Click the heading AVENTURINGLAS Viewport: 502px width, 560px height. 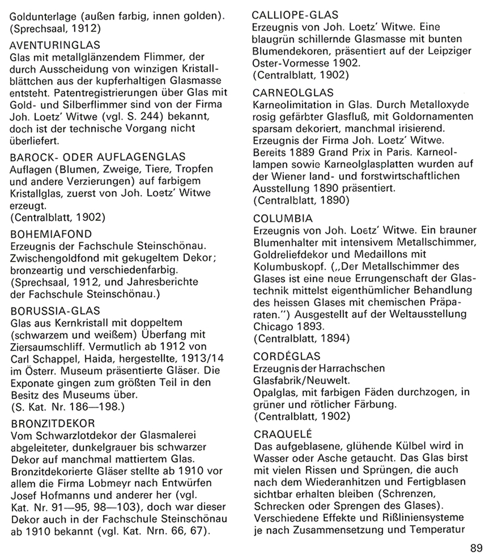54,45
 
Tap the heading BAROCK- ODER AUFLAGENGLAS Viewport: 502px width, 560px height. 97,157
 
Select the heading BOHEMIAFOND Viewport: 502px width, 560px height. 51,234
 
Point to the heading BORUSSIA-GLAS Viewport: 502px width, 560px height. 55,311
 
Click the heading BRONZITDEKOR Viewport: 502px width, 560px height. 52,424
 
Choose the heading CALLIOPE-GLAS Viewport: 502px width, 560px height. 295,15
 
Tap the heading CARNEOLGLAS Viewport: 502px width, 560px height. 293,93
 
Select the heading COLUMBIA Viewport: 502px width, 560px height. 283,218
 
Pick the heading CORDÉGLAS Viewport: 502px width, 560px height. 287,356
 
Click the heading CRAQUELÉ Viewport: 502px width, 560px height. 283,434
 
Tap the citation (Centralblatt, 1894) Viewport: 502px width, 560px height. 301,339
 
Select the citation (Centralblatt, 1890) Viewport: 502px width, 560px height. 301,200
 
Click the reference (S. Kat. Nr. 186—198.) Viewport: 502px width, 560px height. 67,407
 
